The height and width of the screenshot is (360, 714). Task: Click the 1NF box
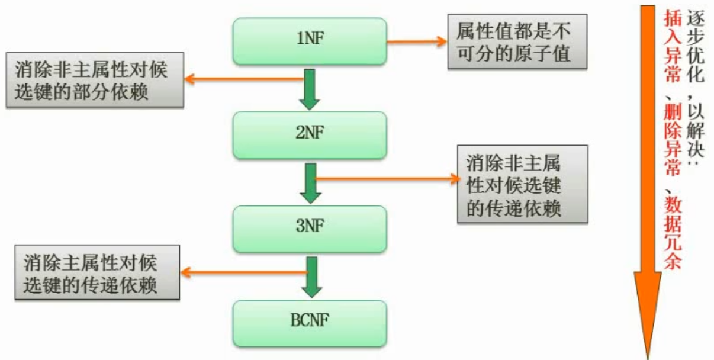coord(310,41)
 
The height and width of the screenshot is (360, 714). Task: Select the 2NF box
coord(310,133)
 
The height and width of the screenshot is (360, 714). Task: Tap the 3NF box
coord(310,226)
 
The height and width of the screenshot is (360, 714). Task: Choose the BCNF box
coord(310,323)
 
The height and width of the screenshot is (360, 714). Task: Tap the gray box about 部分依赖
coord(94,81)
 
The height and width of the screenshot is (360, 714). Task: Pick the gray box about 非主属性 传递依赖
coord(523,184)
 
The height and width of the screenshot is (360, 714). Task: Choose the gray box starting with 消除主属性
coord(94,272)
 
